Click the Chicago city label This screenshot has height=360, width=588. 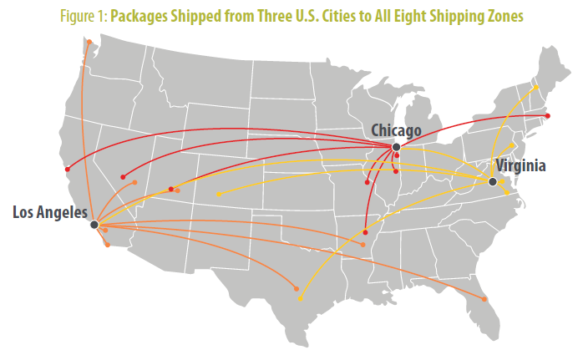point(395,130)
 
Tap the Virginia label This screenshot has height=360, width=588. point(520,165)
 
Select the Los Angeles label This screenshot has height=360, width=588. point(49,212)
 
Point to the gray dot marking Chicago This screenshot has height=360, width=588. point(396,147)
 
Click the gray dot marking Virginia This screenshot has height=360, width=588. point(493,181)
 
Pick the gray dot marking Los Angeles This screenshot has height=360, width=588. point(94,225)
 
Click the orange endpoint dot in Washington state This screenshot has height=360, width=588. point(89,41)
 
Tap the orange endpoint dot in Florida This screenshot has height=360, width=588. point(484,299)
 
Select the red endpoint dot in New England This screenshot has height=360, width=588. point(547,115)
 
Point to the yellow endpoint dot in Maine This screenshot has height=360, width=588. point(537,87)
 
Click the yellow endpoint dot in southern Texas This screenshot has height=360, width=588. point(300,298)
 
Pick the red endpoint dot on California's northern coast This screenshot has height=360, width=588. point(67,170)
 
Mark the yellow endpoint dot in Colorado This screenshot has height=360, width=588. point(219,195)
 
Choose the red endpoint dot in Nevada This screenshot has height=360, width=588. point(123,177)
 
